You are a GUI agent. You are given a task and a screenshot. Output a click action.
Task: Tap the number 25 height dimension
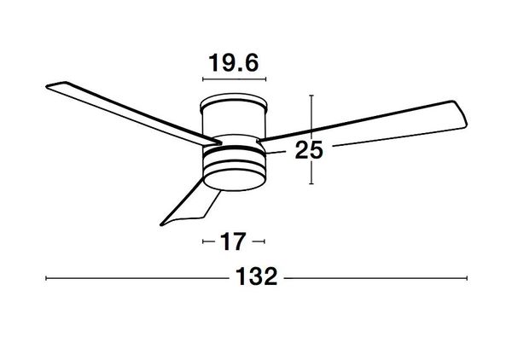308,151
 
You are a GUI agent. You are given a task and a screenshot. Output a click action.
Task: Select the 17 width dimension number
233,242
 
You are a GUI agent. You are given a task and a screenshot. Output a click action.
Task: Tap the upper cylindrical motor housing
234,119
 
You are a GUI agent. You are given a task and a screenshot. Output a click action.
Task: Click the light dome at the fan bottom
233,176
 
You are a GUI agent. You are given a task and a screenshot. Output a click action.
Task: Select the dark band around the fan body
233,155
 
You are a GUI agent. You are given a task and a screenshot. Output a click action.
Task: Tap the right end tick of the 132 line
467,278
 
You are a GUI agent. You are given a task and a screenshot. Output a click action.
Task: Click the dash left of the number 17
207,242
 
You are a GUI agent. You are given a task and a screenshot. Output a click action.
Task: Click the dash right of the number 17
259,242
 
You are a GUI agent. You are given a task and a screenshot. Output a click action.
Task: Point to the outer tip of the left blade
48,84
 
